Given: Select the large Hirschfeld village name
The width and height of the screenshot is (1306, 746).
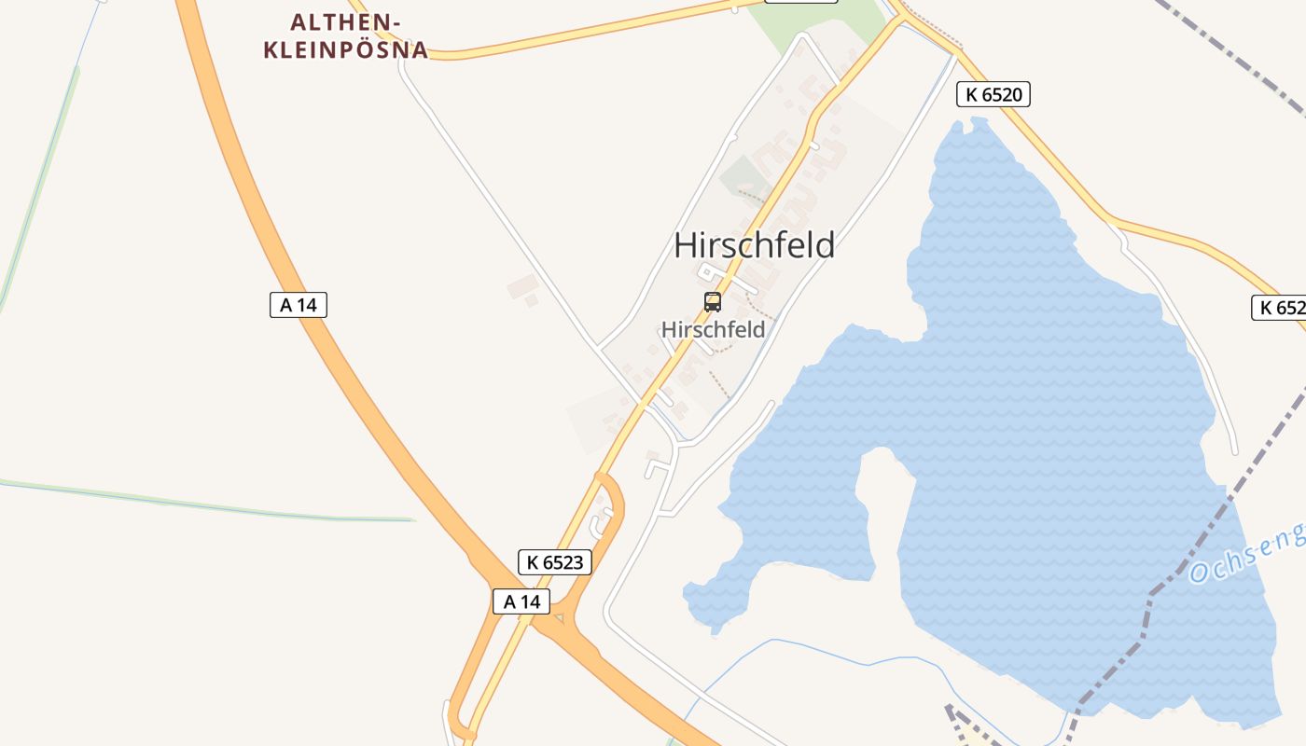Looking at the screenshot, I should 754,245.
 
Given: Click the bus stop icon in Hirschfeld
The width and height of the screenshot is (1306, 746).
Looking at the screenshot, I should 713,301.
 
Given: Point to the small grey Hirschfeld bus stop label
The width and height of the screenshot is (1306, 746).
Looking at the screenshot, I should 713,329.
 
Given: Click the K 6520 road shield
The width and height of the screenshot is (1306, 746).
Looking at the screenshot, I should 993,93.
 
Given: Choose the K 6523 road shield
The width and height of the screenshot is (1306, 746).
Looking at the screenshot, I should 555,561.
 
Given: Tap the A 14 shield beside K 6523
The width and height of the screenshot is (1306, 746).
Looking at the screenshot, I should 521,601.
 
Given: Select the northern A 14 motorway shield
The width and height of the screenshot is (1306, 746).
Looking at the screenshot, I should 299,304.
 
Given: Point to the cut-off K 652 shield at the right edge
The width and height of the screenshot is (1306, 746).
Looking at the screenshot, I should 1279,308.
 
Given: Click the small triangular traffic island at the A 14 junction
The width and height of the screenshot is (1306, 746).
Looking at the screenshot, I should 559,618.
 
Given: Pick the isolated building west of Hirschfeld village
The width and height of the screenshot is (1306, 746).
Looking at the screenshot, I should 521,288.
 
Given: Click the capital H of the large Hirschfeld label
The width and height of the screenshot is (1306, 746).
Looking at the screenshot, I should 685,245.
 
